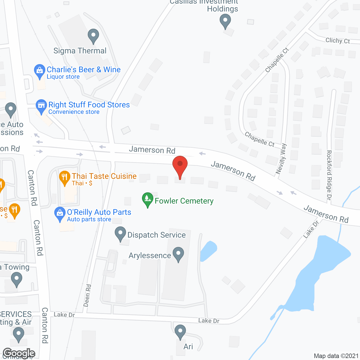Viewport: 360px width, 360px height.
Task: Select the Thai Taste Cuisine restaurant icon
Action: click(65, 178)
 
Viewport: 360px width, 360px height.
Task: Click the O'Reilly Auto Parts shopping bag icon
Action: click(60, 214)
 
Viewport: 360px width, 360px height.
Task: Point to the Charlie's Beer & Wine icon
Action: click(39, 71)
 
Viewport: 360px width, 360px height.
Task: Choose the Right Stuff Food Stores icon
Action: click(41, 106)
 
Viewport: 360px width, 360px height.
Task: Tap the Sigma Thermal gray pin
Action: click(93, 36)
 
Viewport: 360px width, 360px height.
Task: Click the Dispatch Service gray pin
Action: click(120, 234)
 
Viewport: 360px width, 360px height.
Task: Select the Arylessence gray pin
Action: click(178, 254)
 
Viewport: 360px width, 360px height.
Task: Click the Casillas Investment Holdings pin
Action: click(225, 21)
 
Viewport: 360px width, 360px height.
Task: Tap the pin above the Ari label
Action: click(180, 332)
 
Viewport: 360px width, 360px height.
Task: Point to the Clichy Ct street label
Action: click(337, 41)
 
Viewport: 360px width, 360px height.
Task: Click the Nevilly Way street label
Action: click(281, 159)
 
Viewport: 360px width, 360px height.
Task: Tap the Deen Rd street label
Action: click(87, 295)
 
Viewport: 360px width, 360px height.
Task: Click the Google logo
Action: click(19, 354)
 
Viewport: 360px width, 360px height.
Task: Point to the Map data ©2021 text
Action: click(336, 356)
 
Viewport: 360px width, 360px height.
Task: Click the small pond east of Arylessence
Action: click(208, 250)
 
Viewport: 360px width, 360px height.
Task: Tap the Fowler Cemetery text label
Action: click(184, 201)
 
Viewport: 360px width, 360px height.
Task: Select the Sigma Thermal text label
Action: click(80, 51)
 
